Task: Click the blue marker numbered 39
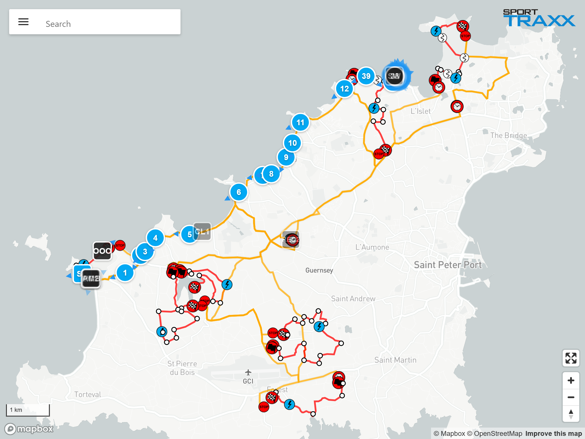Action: click(366, 76)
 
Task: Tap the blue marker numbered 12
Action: click(344, 89)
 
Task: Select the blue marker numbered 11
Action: click(300, 123)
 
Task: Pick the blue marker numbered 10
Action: click(292, 143)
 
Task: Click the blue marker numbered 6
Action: click(239, 192)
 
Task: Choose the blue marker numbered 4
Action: click(155, 238)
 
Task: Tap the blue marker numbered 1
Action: click(125, 273)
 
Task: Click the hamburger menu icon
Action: click(23, 22)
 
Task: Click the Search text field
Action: click(109, 24)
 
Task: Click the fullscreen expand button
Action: click(571, 358)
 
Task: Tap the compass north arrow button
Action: click(571, 414)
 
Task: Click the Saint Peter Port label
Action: click(448, 265)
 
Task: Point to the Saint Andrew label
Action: click(353, 299)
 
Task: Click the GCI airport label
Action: click(248, 381)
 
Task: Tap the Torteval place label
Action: click(88, 394)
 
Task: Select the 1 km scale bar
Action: click(28, 410)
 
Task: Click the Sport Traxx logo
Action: click(539, 18)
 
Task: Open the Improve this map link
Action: click(553, 434)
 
